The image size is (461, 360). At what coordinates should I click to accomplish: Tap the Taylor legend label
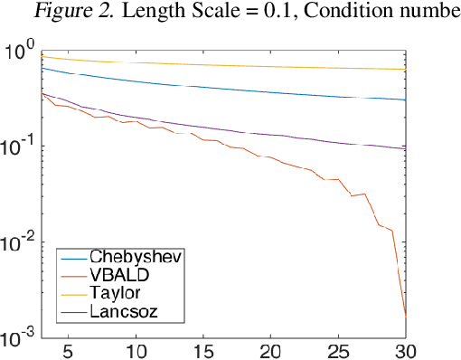pyautogui.click(x=114, y=294)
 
